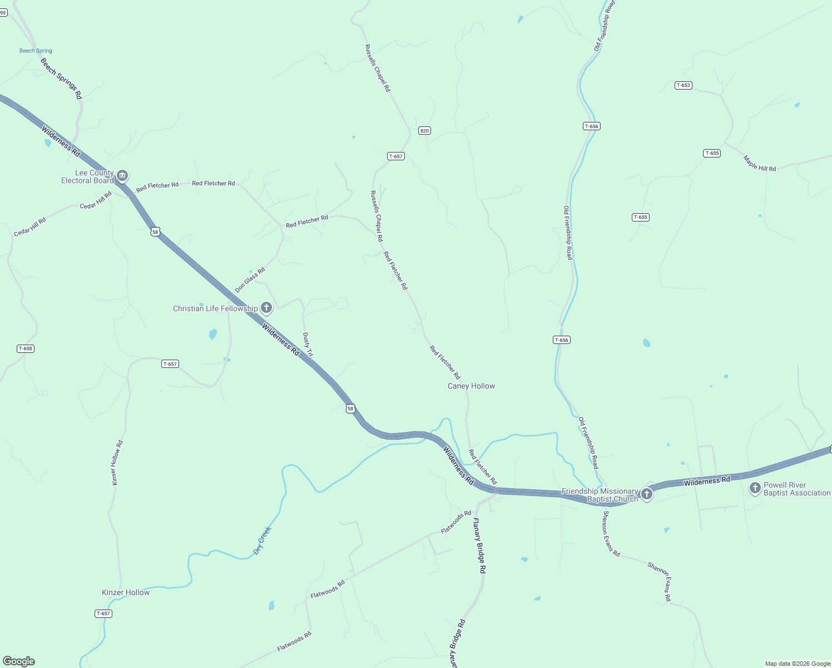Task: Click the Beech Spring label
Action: (36, 51)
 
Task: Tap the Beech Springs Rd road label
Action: (61, 79)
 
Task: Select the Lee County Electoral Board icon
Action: (123, 176)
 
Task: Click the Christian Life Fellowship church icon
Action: (266, 308)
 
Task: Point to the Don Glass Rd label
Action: (250, 280)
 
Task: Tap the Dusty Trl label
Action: (308, 345)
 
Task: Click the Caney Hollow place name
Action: (471, 386)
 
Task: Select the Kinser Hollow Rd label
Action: (117, 463)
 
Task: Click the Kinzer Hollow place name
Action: (126, 592)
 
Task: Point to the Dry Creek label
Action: (262, 540)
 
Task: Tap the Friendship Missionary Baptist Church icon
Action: (646, 494)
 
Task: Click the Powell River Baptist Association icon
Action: (755, 488)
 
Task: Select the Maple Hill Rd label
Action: (759, 163)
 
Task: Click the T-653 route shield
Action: (683, 85)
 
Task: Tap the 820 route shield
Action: (424, 131)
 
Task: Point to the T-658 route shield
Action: (26, 348)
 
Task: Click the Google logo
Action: (19, 661)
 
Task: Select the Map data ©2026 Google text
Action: (798, 664)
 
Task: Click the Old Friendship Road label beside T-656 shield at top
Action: (604, 26)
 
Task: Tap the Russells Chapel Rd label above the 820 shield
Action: (378, 68)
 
